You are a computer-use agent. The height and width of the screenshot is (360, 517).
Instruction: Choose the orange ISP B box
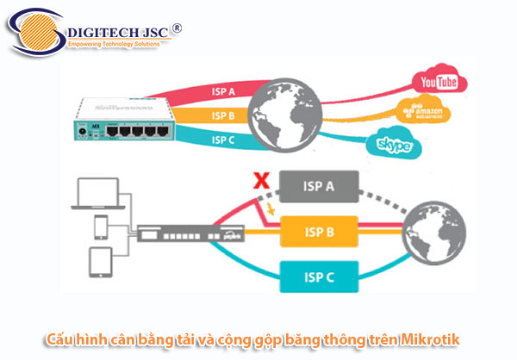pyautogui.click(x=318, y=233)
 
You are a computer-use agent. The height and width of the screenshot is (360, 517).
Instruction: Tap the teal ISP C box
pyautogui.click(x=318, y=278)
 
